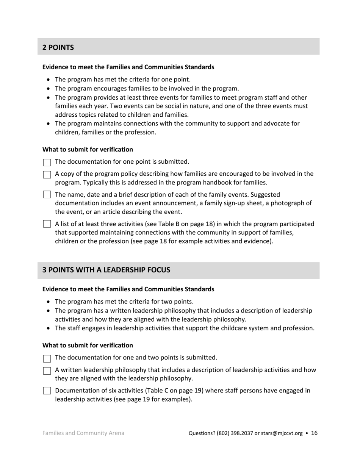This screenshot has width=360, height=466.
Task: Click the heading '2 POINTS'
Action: pyautogui.click(x=58, y=47)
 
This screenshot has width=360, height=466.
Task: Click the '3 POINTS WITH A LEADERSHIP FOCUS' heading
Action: pyautogui.click(x=106, y=270)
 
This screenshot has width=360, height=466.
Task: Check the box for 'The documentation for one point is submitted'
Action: pyautogui.click(x=47, y=163)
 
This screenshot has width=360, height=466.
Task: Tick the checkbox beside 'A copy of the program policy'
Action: pyautogui.click(x=47, y=175)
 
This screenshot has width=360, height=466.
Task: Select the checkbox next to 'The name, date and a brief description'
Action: pyautogui.click(x=47, y=195)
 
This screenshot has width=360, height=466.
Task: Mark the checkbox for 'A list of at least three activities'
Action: pyautogui.click(x=47, y=224)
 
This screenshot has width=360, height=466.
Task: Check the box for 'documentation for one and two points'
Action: pyautogui.click(x=47, y=358)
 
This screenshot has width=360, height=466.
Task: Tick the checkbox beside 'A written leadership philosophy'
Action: pyautogui.click(x=47, y=371)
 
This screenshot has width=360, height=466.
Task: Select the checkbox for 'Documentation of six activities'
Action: pyautogui.click(x=47, y=391)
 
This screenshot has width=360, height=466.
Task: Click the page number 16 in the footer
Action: pyautogui.click(x=314, y=433)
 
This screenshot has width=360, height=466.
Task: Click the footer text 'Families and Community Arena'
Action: pyautogui.click(x=83, y=433)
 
